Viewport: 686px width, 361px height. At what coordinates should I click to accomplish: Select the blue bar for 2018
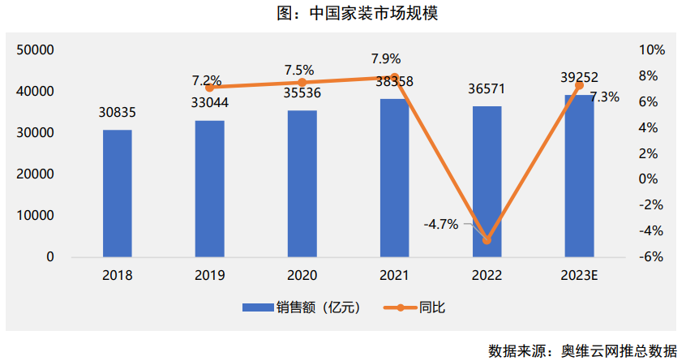point(117,193)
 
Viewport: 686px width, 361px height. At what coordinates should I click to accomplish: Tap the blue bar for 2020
point(302,183)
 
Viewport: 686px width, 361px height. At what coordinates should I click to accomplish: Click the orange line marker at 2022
point(487,240)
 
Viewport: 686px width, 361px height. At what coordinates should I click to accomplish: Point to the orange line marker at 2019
point(210,88)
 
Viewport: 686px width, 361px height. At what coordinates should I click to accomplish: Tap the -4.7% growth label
point(441,224)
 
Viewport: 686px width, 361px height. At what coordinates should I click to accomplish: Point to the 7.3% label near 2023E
point(604,97)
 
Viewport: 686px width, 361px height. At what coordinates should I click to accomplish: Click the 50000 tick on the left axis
point(36,50)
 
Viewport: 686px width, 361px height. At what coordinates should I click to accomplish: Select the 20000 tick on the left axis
point(36,174)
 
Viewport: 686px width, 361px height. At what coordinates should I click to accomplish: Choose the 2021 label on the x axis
point(395,275)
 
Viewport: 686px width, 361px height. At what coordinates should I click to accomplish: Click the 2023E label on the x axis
point(579,275)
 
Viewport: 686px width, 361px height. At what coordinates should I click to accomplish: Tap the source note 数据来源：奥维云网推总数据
point(582,350)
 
